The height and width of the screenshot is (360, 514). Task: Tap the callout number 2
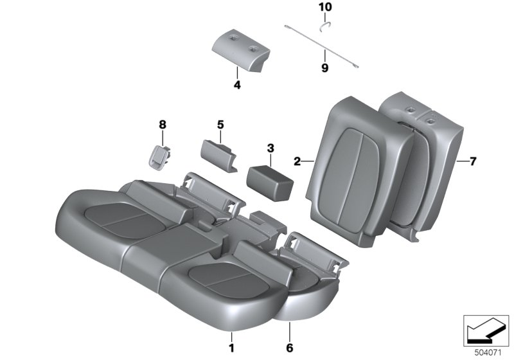(x=297, y=161)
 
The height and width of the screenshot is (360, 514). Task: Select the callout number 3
(x=270, y=148)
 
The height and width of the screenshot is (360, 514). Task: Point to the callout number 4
(x=236, y=84)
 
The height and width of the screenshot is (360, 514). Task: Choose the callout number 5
(x=220, y=123)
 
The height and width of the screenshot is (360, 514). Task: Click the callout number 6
(x=290, y=348)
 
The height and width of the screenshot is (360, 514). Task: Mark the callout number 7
(x=472, y=161)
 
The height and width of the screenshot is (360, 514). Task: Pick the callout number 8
(x=162, y=124)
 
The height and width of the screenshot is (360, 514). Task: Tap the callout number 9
(x=324, y=67)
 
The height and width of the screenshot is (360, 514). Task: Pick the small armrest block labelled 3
(x=270, y=177)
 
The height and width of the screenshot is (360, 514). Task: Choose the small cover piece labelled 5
(x=218, y=153)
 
